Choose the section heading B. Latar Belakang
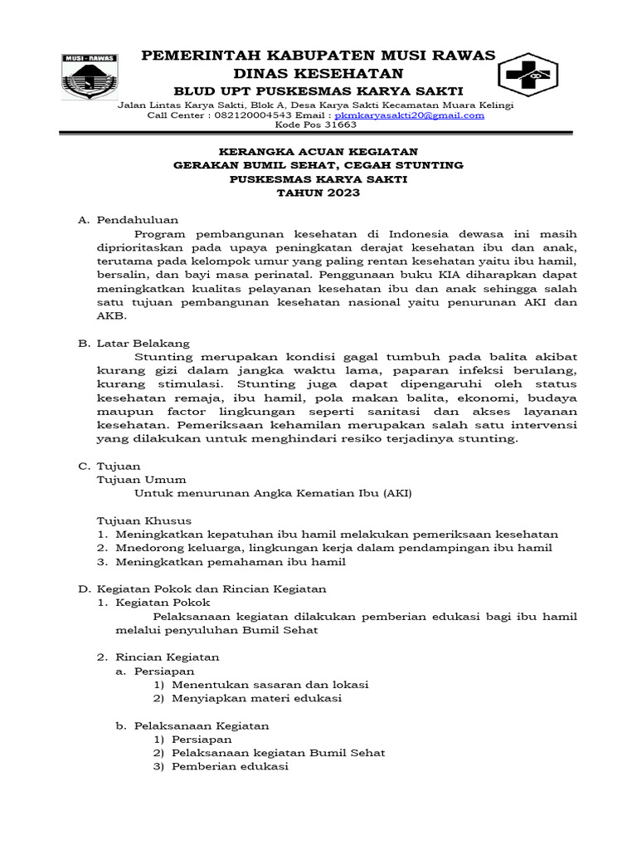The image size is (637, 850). click(x=134, y=343)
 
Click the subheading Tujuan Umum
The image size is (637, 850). click(x=142, y=479)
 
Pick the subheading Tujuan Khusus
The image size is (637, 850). click(x=144, y=520)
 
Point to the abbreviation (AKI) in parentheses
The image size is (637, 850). click(x=396, y=493)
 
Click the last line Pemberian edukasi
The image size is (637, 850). click(x=229, y=766)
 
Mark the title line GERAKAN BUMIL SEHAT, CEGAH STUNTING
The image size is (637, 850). click(x=318, y=165)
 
